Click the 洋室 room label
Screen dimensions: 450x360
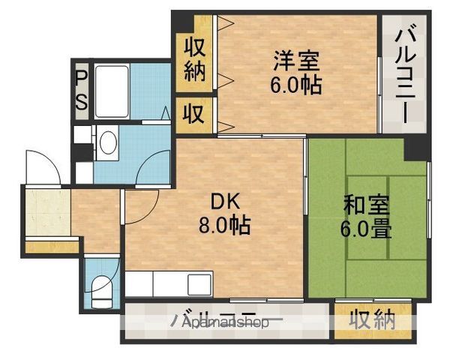[295, 60]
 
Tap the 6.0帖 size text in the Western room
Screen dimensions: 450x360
[295, 85]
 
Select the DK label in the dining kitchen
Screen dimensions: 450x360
[225, 202]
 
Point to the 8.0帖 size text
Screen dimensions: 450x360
[225, 224]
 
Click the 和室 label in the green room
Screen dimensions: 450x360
[367, 205]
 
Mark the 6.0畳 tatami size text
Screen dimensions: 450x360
[366, 228]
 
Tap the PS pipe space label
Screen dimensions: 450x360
[81, 90]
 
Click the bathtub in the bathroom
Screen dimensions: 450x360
[112, 91]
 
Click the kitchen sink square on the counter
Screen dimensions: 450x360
[199, 285]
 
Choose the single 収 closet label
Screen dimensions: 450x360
[194, 113]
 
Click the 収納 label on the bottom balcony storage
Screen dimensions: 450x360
[372, 319]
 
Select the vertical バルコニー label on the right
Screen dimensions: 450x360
[405, 73]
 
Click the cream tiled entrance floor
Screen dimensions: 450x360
[48, 212]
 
